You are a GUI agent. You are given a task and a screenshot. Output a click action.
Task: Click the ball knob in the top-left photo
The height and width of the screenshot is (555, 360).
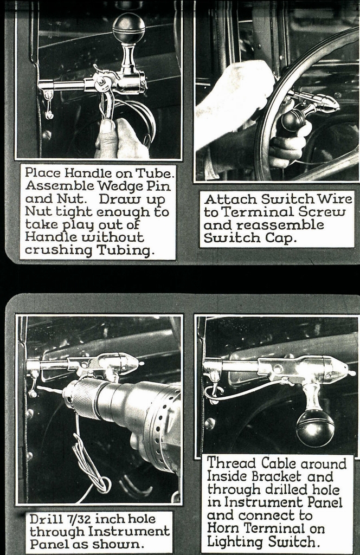click(128, 28)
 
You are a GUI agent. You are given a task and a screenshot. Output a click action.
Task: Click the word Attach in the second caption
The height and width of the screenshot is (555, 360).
click(223, 199)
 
